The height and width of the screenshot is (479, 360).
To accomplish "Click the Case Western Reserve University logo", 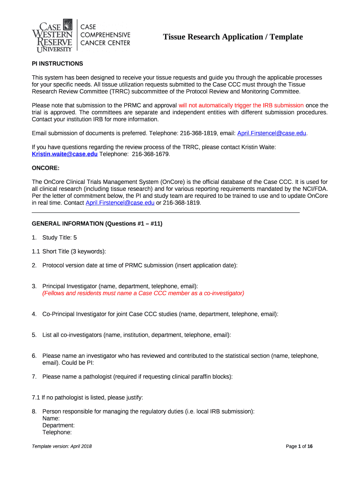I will point(52,36).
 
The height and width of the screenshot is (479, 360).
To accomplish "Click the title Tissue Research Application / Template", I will point(232,37).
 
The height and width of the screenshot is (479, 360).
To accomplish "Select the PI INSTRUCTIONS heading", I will point(57,64).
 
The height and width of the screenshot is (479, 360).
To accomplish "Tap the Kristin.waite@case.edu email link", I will point(65,154).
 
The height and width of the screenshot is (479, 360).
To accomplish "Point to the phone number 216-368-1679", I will point(151,154).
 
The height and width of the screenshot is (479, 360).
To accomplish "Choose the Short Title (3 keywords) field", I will point(74,252).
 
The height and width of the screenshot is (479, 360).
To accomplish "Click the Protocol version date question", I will point(139,265).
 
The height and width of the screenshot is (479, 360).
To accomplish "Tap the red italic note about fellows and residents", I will point(143,293).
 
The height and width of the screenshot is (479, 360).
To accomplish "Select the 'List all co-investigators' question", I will point(136,335).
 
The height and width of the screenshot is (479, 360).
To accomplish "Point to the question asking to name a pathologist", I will point(137,377).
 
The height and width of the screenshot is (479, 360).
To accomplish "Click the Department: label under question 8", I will point(58,426).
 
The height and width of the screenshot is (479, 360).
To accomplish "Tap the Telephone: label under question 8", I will point(57,433).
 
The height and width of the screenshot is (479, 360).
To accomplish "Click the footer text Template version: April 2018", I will point(62,446).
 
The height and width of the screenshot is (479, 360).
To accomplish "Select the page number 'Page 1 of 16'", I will point(299,446).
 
